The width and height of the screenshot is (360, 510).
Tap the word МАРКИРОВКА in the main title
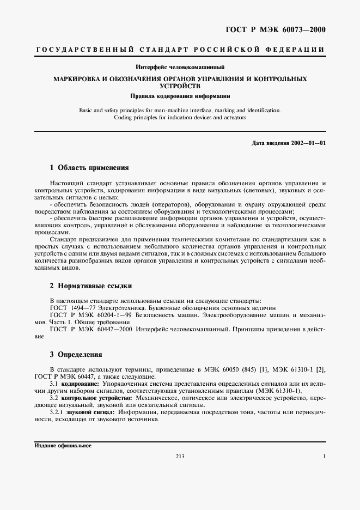77,79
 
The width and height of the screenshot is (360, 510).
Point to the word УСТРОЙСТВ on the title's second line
180,86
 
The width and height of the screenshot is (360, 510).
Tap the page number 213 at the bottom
180,456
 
